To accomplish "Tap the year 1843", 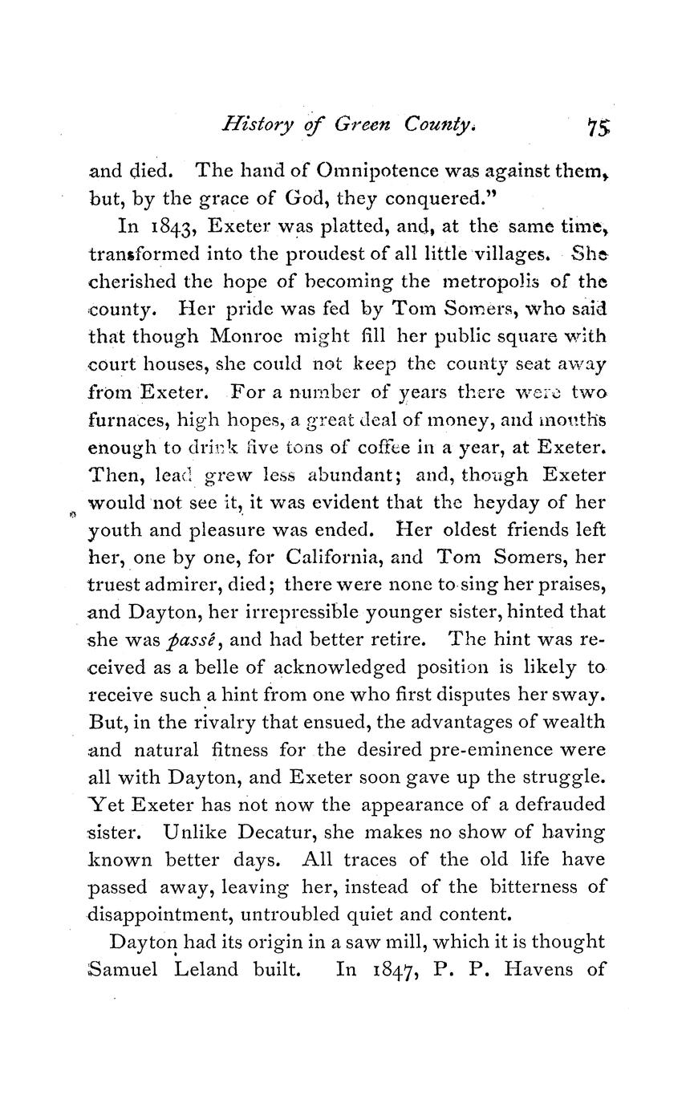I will tap(163, 227).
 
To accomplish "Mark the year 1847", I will tap(392, 969).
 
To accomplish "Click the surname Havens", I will tap(534, 969).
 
